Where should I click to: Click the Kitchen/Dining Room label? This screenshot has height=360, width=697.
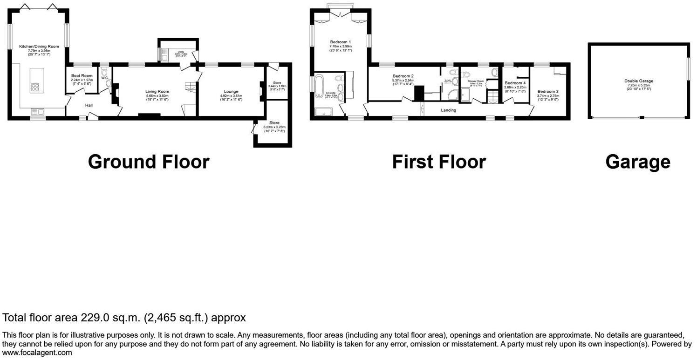pos(39,47)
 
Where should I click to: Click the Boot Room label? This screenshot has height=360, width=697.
pos(82,75)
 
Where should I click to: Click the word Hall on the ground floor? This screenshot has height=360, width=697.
pos(89,105)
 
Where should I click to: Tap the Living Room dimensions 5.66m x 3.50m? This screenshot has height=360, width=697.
pos(157,95)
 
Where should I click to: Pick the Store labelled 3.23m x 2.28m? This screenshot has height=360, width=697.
pos(274,127)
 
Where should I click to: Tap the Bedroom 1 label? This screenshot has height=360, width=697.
pos(340,42)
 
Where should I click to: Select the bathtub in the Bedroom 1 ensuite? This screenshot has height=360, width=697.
pos(321,88)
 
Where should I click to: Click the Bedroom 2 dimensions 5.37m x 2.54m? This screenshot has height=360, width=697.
pos(403,80)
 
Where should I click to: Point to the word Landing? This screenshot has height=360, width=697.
pos(448,110)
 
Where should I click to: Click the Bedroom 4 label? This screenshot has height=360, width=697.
pos(515,83)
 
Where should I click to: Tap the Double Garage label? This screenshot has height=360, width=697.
pos(639,81)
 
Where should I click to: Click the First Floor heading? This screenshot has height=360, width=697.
pos(438,162)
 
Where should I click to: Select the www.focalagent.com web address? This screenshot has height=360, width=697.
pos(37,353)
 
